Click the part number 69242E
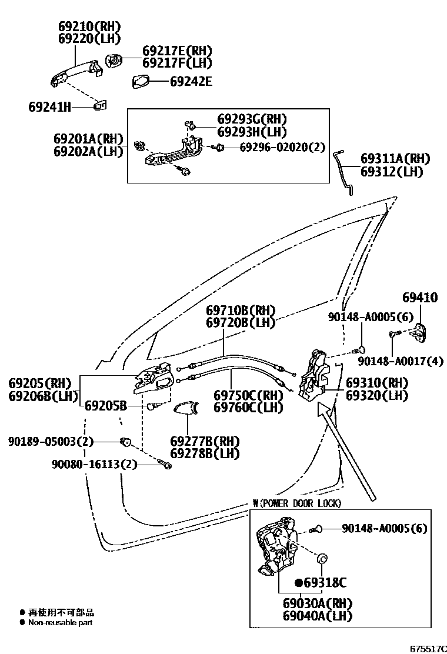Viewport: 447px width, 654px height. pos(191,81)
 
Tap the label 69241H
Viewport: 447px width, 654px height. pos(49,107)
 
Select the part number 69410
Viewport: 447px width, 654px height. pos(420,298)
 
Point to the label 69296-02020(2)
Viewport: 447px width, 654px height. pos(282,147)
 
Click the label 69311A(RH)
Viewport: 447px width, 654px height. pos(395,159)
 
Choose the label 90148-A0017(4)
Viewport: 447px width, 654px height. pos(400,361)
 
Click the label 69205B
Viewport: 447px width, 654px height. pos(106,405)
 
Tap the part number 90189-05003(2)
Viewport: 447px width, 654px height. pos(51,441)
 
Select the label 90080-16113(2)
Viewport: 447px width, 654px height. pos(95,465)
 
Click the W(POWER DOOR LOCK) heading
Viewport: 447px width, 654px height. pos(296,503)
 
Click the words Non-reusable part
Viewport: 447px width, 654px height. pos(60,622)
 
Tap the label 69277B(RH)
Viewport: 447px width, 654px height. pos(197,441)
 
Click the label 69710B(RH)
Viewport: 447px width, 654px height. pos(241,311)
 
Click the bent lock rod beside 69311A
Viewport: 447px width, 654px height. pos(346,171)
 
